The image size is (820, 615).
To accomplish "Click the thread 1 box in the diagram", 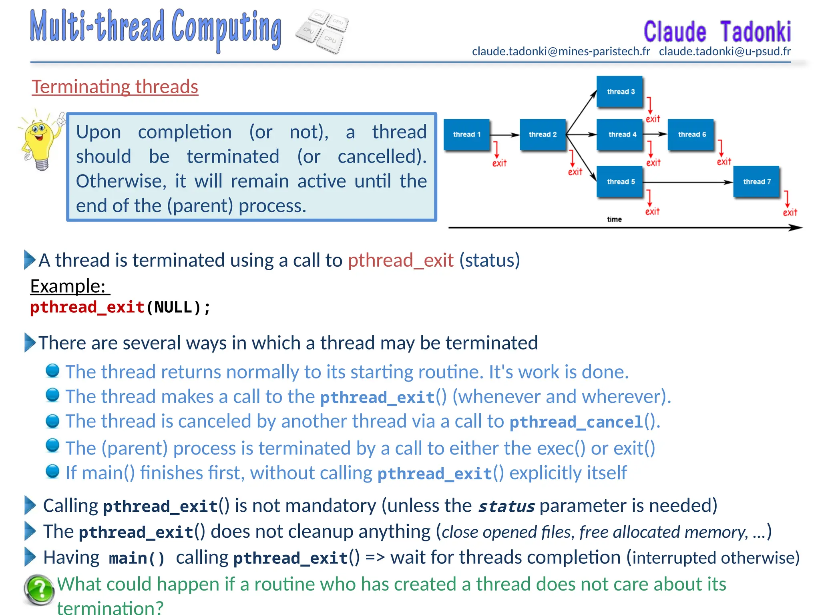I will (466, 135).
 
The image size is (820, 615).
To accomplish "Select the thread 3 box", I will (620, 92).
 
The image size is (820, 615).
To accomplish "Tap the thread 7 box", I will (756, 182).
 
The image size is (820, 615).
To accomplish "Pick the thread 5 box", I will (620, 182).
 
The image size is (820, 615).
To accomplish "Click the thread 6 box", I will (691, 135).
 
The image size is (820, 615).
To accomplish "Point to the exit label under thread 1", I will (499, 163).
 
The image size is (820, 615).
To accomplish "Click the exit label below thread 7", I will (790, 213).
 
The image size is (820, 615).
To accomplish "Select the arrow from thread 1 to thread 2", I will (504, 135).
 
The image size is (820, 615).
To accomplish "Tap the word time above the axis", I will (614, 219).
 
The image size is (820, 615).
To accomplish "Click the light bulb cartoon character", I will (40, 140).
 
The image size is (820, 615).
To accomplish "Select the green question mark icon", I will (39, 589).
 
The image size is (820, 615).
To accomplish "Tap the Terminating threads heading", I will (115, 86).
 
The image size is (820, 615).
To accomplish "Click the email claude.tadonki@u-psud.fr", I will (725, 51).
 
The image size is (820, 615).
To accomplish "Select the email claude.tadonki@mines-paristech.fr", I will (561, 51).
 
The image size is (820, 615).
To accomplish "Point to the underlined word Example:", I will (68, 286).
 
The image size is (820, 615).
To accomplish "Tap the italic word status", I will (506, 506).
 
